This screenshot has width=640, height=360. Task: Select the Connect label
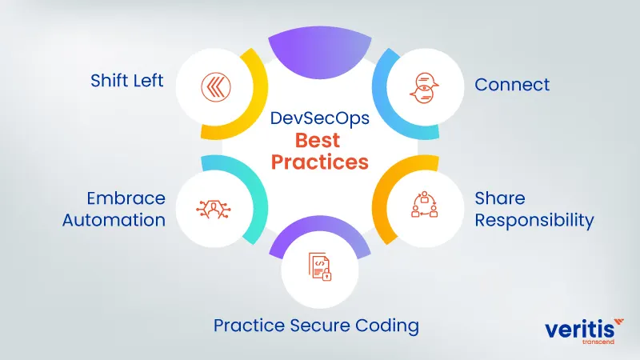(x=512, y=84)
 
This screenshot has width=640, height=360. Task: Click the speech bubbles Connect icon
(x=423, y=86)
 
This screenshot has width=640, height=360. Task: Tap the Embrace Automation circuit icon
(x=212, y=208)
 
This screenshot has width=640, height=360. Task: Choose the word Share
(x=500, y=198)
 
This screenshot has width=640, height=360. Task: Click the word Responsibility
(x=534, y=220)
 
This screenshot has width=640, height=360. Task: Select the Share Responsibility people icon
(x=424, y=206)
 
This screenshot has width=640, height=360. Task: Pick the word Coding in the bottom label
(x=391, y=326)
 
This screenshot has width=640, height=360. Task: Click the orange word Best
(x=318, y=140)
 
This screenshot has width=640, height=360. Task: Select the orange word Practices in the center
(x=319, y=162)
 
